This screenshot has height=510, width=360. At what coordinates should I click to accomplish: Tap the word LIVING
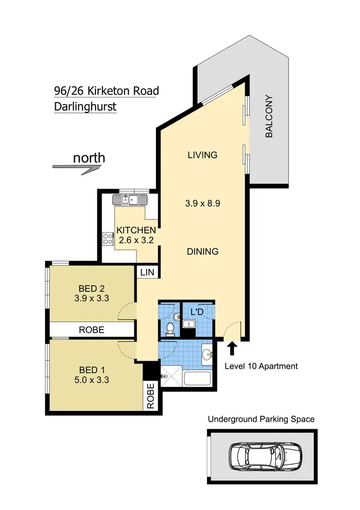coord(202,155)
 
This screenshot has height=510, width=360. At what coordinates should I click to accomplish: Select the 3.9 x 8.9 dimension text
coord(202,203)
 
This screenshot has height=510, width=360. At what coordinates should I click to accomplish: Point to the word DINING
coord(202,251)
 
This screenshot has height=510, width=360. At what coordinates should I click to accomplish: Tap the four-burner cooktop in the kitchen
coord(107,239)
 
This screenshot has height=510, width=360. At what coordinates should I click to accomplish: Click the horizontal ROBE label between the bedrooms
coord(92,330)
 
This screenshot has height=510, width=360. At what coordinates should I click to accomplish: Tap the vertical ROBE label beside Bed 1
coord(150,396)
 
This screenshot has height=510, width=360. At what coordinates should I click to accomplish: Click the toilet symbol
coord(169,328)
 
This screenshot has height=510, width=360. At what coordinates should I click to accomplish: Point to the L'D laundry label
coord(196,312)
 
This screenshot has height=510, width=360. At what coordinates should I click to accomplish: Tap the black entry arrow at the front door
coord(232,348)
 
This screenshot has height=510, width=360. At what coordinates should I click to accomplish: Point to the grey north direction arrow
coord(77,167)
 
